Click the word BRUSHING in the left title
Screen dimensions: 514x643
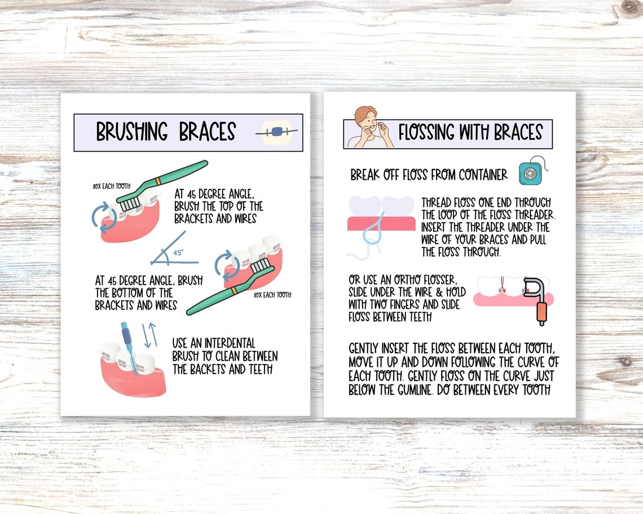coord(132,132)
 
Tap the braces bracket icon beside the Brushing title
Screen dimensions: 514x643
coord(276,132)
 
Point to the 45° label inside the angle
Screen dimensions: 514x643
coord(178,253)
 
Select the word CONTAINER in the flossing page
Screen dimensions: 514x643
coord(477,175)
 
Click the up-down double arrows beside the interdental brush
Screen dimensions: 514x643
coord(149,335)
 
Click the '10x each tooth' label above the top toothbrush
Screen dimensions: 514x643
coord(112,185)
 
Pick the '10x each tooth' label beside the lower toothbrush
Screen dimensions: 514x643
coord(272,295)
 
